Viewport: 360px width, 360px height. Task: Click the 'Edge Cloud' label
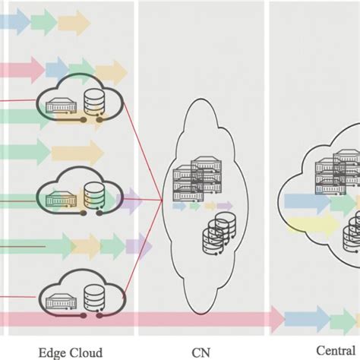(x=71, y=352)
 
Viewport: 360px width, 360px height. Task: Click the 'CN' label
(x=201, y=352)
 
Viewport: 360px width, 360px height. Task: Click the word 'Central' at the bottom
(x=334, y=352)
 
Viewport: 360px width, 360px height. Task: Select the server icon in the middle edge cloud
(x=59, y=200)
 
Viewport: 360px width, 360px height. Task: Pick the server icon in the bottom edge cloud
(x=59, y=302)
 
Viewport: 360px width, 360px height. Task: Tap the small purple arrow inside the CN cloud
(x=224, y=205)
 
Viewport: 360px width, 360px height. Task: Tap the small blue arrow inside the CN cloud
(x=179, y=205)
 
